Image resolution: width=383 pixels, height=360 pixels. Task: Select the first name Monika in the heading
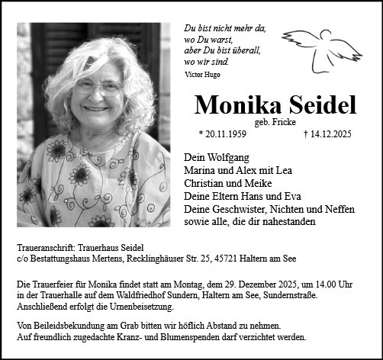point(233,104)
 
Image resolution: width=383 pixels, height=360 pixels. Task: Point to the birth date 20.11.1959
point(227,133)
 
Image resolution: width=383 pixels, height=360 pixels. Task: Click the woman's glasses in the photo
point(96,86)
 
